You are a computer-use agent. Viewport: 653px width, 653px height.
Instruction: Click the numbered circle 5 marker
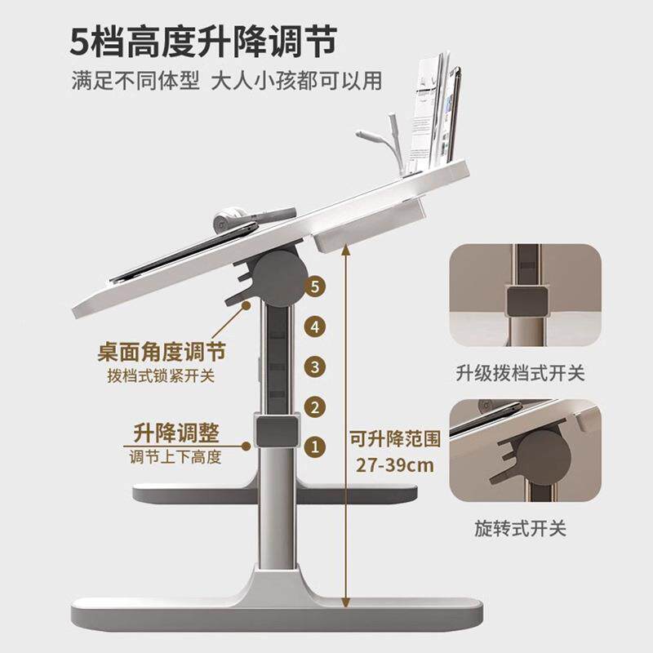312,287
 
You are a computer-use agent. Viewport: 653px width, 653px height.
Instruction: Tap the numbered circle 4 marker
312,326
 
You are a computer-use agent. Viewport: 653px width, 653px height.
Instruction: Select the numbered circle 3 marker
312,366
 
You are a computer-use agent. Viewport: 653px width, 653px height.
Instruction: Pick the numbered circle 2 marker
312,406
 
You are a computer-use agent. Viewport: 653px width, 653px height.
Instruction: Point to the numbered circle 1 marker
312,446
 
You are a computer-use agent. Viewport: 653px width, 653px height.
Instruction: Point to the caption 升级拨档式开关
520,374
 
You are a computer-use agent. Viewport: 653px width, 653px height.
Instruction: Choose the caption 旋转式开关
520,529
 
